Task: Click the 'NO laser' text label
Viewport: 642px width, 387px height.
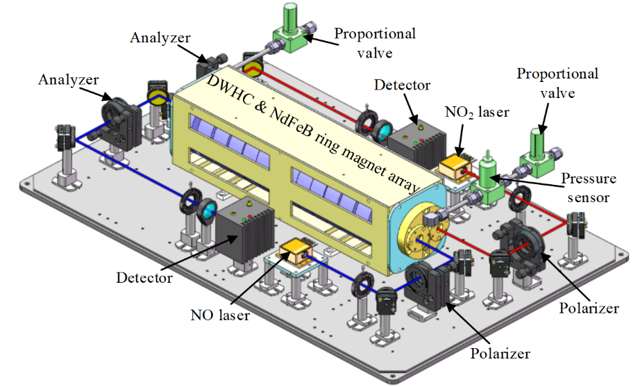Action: tap(219, 315)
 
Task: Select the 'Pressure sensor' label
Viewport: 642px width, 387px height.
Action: tap(589, 188)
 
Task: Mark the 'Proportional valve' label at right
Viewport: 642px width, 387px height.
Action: tap(557, 81)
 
